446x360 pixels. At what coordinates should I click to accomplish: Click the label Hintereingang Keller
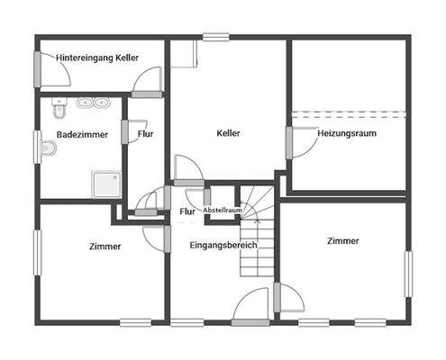click(x=97, y=57)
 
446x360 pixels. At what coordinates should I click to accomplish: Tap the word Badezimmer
click(x=82, y=134)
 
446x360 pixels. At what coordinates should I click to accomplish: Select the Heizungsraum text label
click(x=347, y=134)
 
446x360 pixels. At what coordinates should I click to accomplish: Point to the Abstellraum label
click(x=222, y=210)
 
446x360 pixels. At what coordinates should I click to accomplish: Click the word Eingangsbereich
click(x=223, y=245)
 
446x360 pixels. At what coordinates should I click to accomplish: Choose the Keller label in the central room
click(x=229, y=134)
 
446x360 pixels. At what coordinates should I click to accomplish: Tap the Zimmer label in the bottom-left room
click(x=105, y=246)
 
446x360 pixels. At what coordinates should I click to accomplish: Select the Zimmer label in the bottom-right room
click(x=342, y=241)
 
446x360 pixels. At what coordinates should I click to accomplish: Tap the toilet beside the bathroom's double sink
click(x=59, y=111)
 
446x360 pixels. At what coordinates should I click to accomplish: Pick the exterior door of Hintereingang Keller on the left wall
click(x=38, y=68)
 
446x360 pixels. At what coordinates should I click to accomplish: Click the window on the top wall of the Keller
click(x=215, y=37)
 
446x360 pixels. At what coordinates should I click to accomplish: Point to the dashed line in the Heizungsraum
click(x=350, y=112)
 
